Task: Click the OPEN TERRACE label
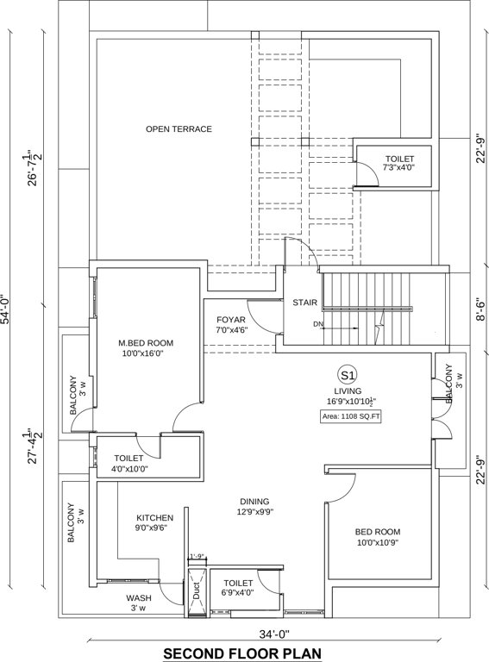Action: (179, 129)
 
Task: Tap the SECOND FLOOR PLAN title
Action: (242, 653)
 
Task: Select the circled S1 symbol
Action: (348, 375)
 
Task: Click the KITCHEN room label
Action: (154, 524)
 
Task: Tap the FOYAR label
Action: (232, 323)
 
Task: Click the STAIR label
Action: (305, 303)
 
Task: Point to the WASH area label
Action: (139, 603)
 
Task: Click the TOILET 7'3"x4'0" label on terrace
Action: (399, 164)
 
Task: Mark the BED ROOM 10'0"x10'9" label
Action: (379, 537)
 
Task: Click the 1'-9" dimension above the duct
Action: (197, 556)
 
